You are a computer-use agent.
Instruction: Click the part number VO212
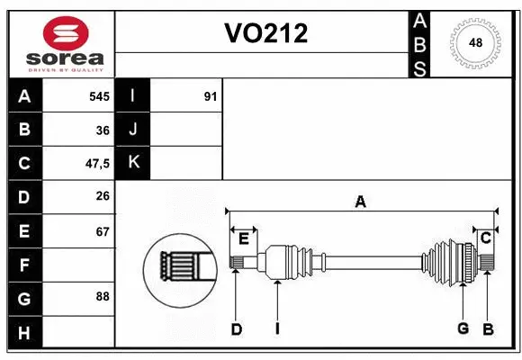point(265,34)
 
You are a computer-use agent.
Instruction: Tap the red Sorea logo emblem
point(66,33)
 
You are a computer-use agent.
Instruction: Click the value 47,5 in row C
point(97,164)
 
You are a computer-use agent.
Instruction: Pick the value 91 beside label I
point(210,95)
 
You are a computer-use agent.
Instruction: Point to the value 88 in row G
point(102,295)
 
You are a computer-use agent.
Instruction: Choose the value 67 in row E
point(102,230)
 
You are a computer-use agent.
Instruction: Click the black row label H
point(23,334)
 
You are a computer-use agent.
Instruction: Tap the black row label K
point(133,162)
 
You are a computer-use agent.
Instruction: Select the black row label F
point(23,265)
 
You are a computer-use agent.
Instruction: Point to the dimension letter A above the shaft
point(360,202)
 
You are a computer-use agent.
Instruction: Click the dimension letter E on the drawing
point(244,238)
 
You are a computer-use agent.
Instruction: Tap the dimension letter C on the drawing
point(485,238)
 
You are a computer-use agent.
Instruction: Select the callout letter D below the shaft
point(236,329)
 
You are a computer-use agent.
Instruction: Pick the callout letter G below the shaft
point(463,328)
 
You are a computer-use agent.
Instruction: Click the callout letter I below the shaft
point(277,329)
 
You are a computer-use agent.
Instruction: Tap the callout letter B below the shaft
point(488,329)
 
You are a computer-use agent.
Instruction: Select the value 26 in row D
point(102,196)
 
